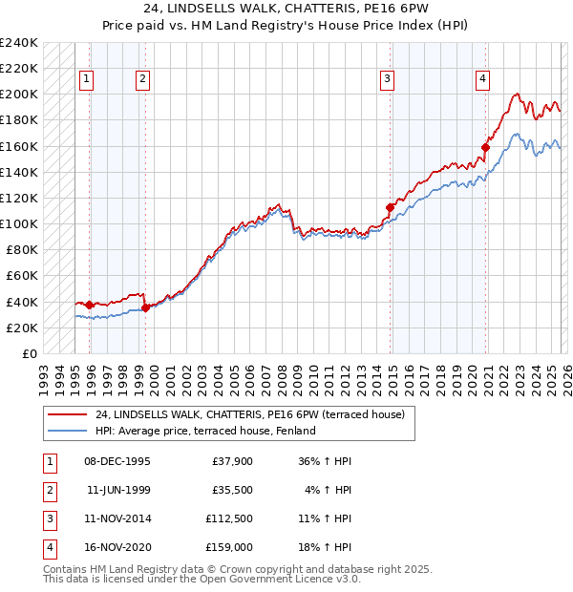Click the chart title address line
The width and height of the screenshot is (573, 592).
coord(286,11)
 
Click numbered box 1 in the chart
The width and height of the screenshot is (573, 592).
coord(86,79)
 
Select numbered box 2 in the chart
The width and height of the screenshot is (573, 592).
coord(141,79)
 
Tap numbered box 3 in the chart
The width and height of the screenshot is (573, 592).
coord(388,79)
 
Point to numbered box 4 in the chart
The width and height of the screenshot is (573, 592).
coord(483,79)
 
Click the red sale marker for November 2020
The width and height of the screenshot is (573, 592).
coord(486,147)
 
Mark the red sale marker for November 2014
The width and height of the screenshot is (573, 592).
coord(391,207)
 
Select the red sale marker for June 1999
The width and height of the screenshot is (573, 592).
coord(145,307)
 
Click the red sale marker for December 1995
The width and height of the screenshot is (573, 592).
coord(90,305)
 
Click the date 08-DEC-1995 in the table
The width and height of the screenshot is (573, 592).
coord(117,461)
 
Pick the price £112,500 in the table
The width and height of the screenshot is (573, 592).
coord(228,518)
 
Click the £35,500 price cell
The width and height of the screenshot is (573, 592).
coord(231,490)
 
